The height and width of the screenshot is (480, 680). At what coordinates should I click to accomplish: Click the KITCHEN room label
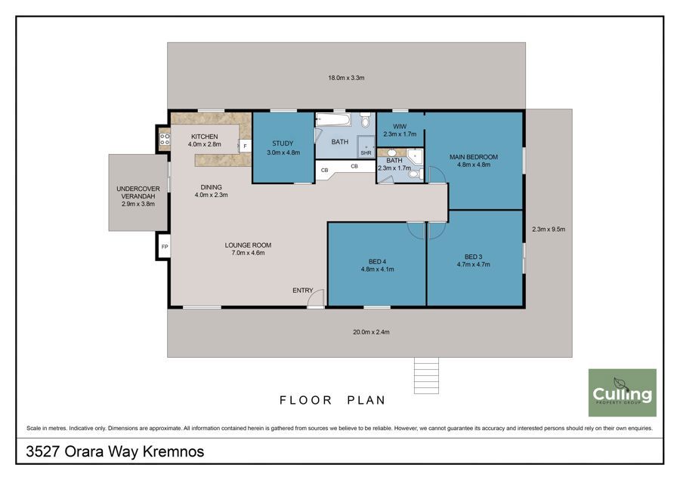(205, 137)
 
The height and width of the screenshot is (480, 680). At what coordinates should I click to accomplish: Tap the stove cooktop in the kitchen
(165, 139)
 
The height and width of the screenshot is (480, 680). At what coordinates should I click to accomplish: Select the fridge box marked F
(245, 146)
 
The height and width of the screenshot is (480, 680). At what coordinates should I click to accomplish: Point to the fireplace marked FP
(165, 247)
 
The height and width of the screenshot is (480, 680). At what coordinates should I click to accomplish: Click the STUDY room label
(283, 143)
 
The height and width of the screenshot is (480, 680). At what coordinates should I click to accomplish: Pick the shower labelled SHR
(366, 147)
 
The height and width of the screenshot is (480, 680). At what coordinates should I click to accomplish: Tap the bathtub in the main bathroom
(333, 120)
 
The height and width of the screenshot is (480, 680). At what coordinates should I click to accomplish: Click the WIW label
(400, 127)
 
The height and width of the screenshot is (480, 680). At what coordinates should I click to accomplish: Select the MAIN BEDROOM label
(474, 157)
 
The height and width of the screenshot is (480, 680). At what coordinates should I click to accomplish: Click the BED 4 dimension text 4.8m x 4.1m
(377, 269)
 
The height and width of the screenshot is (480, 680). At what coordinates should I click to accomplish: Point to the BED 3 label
(473, 257)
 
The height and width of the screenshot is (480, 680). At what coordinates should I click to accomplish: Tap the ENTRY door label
(303, 291)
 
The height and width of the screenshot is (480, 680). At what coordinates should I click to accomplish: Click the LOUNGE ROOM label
(248, 245)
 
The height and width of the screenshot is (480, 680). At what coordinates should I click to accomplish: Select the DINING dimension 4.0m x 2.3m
(212, 195)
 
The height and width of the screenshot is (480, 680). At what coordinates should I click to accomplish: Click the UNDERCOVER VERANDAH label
(138, 192)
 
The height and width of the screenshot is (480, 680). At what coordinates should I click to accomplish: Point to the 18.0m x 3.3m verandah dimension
(346, 78)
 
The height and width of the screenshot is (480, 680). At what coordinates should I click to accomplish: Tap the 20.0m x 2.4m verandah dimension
(371, 332)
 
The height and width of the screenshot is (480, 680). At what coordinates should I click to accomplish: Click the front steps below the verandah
(426, 376)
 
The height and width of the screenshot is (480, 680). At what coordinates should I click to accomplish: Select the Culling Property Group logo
(623, 392)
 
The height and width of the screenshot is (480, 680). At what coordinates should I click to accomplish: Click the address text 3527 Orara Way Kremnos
(115, 451)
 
